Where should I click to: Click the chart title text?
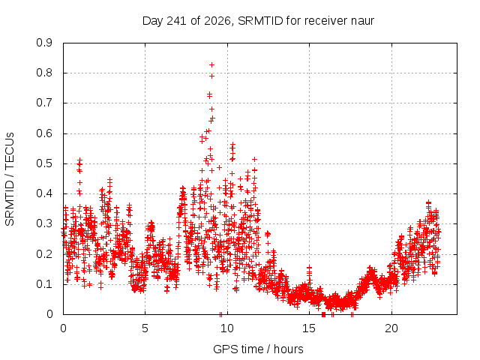(258, 21)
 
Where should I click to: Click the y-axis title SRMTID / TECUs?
(10, 179)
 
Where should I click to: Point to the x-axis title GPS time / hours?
(258, 349)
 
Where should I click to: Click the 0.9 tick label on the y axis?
(44, 43)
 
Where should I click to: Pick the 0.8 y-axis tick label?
(44, 73)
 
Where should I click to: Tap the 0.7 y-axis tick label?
(44, 103)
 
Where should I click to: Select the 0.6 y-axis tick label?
(44, 133)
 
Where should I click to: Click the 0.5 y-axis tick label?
(44, 163)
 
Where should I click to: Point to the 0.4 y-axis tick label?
(44, 193)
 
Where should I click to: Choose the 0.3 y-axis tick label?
(44, 223)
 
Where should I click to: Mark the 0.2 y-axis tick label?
(44, 253)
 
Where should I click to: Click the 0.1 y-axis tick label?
(44, 284)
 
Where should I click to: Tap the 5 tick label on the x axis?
(145, 328)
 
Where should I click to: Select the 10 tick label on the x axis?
(227, 328)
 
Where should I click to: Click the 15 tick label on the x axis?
(309, 328)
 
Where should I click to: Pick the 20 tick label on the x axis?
(391, 328)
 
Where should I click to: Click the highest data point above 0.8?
(211, 65)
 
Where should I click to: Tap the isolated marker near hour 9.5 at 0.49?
(219, 167)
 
